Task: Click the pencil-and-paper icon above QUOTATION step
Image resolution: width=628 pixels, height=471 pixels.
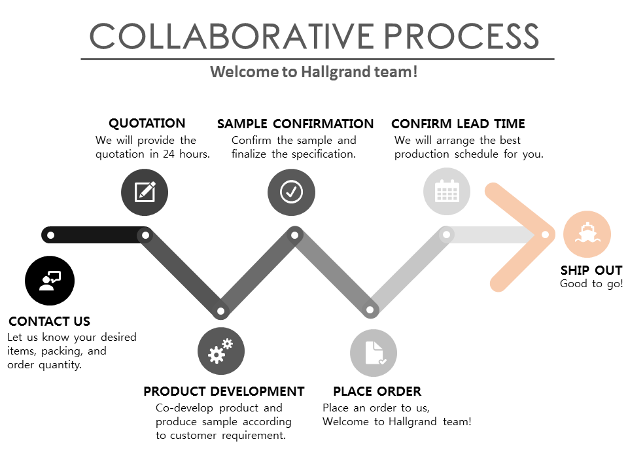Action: (x=145, y=192)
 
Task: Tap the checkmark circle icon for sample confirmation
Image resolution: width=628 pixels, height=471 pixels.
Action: (x=291, y=192)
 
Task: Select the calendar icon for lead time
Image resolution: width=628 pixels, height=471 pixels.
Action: (x=447, y=192)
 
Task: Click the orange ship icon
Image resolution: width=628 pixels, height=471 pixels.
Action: (x=587, y=234)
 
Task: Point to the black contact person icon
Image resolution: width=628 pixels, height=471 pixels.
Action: (x=50, y=281)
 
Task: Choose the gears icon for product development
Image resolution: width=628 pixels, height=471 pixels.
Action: (x=221, y=351)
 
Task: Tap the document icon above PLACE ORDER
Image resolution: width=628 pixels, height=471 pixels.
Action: (x=374, y=353)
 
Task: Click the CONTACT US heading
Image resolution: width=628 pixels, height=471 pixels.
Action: (x=50, y=321)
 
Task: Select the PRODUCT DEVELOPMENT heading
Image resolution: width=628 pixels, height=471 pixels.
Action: (x=224, y=391)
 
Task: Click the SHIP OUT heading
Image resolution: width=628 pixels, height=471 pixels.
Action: (x=591, y=270)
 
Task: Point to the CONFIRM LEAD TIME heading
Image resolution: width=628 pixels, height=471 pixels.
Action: (x=458, y=124)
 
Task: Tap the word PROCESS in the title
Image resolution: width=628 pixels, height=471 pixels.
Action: (x=462, y=36)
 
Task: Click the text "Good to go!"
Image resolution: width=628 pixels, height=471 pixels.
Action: (x=591, y=284)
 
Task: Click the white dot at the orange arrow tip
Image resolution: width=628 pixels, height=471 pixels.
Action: (x=545, y=235)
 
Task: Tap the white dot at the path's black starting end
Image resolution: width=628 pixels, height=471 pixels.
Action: (x=52, y=235)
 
